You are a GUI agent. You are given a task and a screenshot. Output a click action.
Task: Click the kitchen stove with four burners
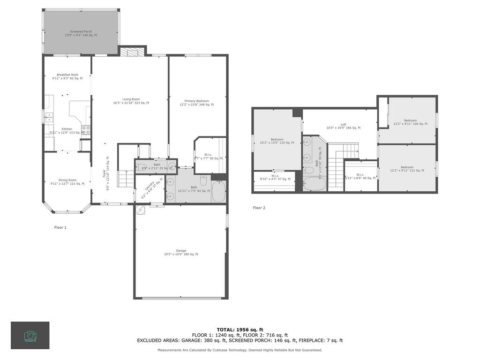pyautogui.click(x=86, y=129)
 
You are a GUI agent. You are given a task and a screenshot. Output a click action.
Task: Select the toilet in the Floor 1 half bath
pyautogui.click(x=172, y=165)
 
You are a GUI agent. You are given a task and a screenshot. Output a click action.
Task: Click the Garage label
pyautogui.click(x=181, y=252)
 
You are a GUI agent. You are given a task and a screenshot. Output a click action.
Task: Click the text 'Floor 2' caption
pyautogui.click(x=259, y=208)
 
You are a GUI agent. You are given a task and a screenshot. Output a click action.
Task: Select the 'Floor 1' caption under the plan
pyautogui.click(x=60, y=227)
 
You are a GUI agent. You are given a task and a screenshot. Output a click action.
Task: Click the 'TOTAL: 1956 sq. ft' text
pyautogui.click(x=240, y=330)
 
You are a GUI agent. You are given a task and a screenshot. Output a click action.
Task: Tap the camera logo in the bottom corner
pyautogui.click(x=30, y=335)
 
